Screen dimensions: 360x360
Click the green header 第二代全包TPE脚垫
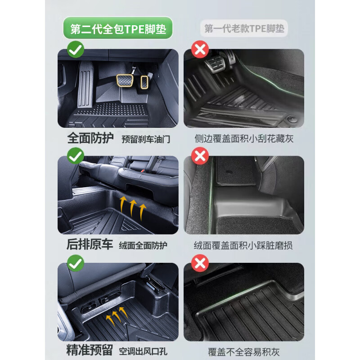pos(118,29)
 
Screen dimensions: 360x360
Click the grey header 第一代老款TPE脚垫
pos(244,29)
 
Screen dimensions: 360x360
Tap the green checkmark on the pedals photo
pos(76,49)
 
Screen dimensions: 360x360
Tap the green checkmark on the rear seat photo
pos(76,157)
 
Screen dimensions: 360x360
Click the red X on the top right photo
pos(200,49)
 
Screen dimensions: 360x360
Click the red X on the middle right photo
pos(200,157)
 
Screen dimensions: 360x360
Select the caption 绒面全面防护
pos(143,246)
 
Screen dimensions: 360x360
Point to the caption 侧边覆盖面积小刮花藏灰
pos(244,139)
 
